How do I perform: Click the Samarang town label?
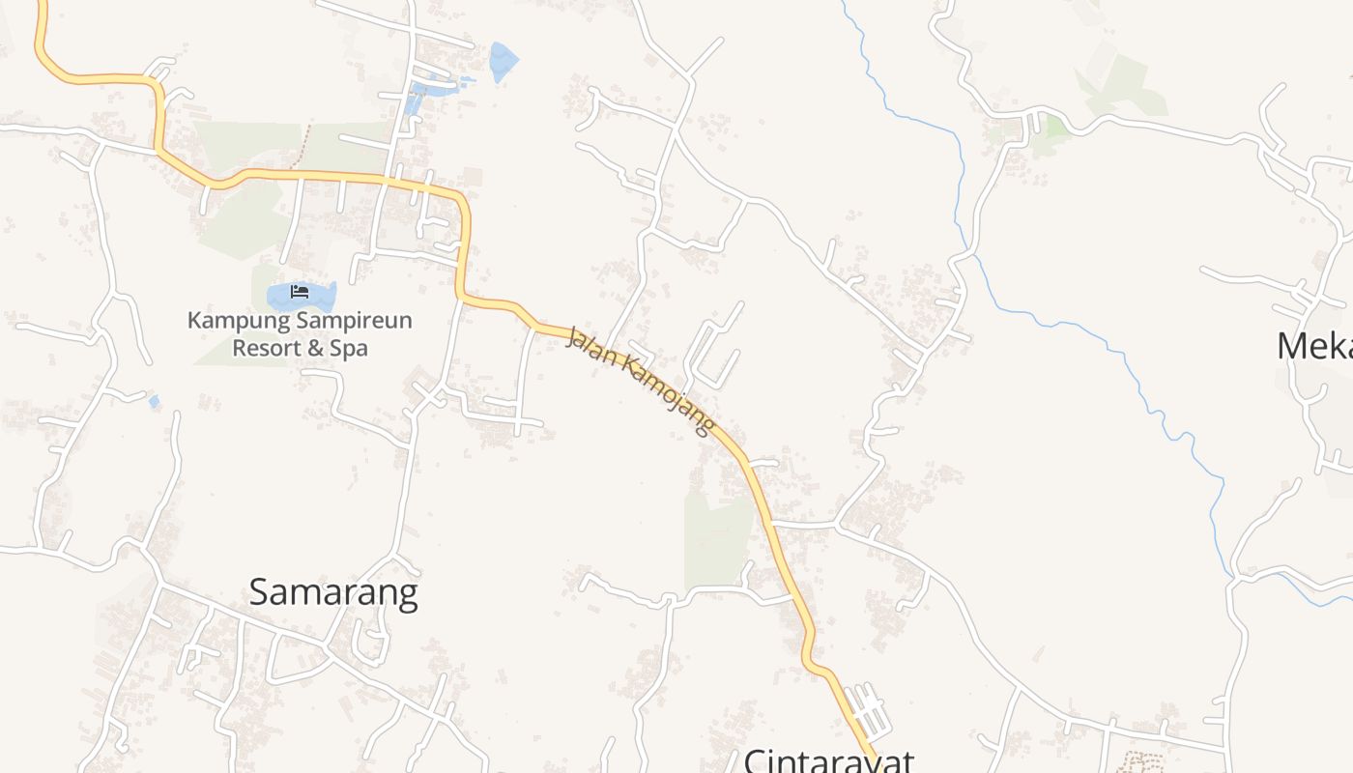click(x=333, y=591)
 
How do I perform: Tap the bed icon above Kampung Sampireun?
click(x=300, y=291)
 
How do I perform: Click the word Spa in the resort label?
click(x=349, y=348)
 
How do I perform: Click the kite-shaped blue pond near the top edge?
click(x=503, y=61)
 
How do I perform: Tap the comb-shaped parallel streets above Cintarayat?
click(x=865, y=710)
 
